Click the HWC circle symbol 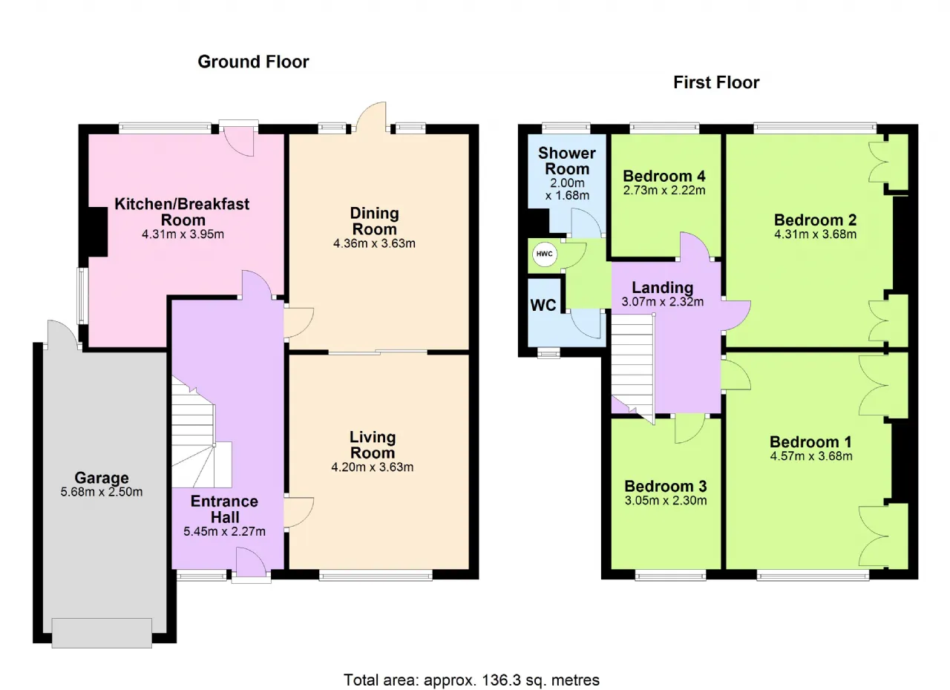click(545, 254)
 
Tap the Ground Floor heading click(253, 62)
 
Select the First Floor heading click(716, 82)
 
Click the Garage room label click(102, 478)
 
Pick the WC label click(543, 305)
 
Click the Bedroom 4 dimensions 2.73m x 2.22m click(664, 190)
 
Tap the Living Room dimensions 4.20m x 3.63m click(372, 467)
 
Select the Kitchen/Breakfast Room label click(182, 212)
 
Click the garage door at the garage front click(102, 633)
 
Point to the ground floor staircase click(200, 433)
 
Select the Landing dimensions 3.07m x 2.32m click(663, 302)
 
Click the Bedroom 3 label click(666, 486)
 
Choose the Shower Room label click(567, 161)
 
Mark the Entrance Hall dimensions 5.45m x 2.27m click(224, 531)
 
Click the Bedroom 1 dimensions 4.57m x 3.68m click(811, 456)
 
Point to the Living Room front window click(376, 575)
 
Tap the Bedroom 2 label click(815, 220)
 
